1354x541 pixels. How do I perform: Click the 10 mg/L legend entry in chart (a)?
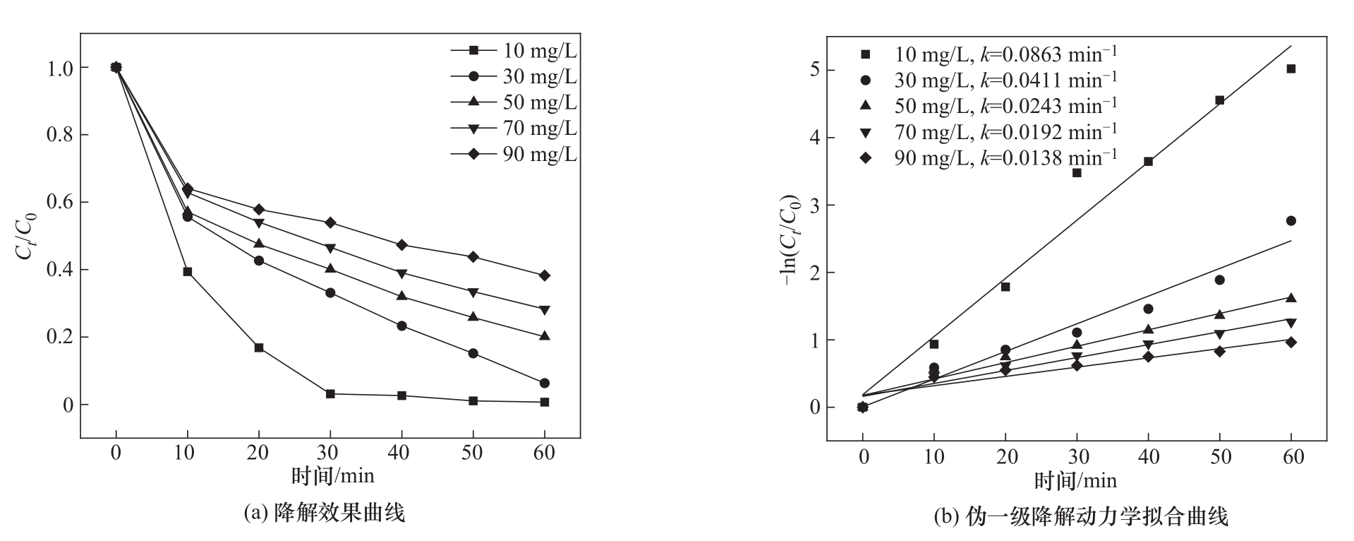coord(514,50)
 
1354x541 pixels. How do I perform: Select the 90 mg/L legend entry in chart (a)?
coord(514,154)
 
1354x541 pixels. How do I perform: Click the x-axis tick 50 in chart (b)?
coord(1219,457)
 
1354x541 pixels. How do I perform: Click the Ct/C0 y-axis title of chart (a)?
coord(25,236)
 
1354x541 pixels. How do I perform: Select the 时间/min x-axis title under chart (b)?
coord(1076,481)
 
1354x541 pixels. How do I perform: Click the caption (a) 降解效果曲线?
coord(324,513)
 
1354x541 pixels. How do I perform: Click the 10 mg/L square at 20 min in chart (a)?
coord(259,347)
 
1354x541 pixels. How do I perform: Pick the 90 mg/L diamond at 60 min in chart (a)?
coord(544,275)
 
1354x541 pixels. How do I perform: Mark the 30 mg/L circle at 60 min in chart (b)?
coord(1290,221)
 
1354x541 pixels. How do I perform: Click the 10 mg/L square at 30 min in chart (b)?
coord(1077,173)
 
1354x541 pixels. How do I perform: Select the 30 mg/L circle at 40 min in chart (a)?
coord(401,326)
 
